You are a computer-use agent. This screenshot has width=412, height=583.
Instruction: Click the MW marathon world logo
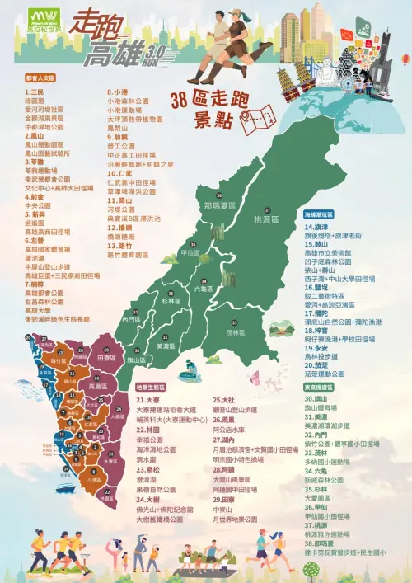(x=43, y=18)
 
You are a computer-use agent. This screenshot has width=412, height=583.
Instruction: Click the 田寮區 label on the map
(x=105, y=359)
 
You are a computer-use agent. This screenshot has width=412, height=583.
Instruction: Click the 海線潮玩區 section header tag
(x=320, y=213)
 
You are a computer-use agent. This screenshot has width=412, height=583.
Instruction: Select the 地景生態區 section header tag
(x=152, y=386)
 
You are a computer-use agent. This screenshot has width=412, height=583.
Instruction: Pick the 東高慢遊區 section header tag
(x=318, y=386)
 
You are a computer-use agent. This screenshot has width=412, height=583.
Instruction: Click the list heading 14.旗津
(x=316, y=225)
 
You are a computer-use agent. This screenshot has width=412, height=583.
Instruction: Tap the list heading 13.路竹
(x=120, y=246)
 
